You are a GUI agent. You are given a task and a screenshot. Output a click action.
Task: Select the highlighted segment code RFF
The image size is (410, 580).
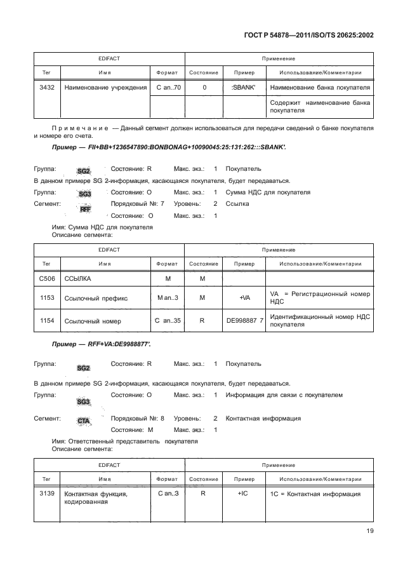[84, 208]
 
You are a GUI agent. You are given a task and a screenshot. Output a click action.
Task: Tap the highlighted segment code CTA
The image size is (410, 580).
[83, 421]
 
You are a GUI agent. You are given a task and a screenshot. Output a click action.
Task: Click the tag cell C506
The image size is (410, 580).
[46, 278]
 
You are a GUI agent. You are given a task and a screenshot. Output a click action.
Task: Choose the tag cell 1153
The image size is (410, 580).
[46, 297]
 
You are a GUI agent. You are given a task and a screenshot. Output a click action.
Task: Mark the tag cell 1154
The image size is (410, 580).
[46, 321]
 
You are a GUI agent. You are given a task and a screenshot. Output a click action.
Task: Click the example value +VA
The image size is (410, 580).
[244, 297]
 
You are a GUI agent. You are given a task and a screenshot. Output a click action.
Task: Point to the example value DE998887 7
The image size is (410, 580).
[244, 321]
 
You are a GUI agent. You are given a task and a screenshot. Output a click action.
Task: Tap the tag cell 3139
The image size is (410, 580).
[46, 494]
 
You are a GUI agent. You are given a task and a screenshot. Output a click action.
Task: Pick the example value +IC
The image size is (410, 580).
[244, 494]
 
